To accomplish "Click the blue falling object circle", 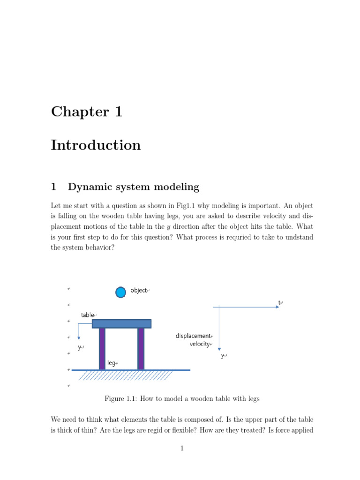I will (x=120, y=292).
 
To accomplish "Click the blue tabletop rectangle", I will (x=121, y=323).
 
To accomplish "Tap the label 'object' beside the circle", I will (x=139, y=291).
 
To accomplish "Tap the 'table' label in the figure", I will (x=88, y=315).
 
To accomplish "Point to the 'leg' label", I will (x=112, y=363).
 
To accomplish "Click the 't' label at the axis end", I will (x=279, y=303).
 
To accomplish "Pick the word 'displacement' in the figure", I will (x=193, y=336).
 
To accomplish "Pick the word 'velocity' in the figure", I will (x=199, y=344).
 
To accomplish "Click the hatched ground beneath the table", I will (x=126, y=375).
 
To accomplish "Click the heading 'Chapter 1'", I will (x=87, y=112).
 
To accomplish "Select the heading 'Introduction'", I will (x=96, y=145).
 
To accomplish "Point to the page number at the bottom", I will (x=182, y=449).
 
